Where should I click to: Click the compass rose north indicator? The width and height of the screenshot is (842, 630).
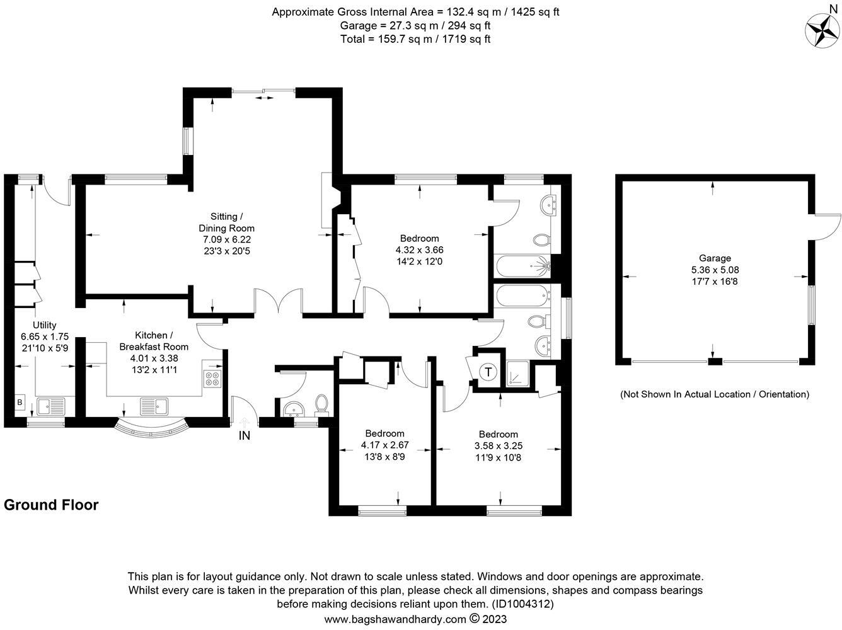(x=822, y=28)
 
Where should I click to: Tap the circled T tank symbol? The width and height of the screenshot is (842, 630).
(x=488, y=372)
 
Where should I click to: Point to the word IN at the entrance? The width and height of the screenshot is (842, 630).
(x=245, y=435)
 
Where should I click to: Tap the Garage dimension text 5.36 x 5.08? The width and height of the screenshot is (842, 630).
(x=715, y=270)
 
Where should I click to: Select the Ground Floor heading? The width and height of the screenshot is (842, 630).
(x=51, y=505)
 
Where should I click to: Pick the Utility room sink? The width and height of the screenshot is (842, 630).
(x=51, y=406)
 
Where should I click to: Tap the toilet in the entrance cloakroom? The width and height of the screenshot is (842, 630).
(x=321, y=404)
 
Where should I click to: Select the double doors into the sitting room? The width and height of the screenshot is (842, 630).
(x=278, y=301)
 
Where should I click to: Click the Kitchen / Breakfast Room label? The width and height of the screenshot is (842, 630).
(x=153, y=341)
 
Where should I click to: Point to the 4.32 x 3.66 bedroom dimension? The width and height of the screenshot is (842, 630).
(x=419, y=250)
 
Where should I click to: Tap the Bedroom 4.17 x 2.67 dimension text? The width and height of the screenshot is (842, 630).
(x=384, y=445)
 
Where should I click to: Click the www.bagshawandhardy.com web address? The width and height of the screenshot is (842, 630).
(x=396, y=619)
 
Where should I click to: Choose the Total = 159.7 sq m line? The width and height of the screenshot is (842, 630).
(x=415, y=39)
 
